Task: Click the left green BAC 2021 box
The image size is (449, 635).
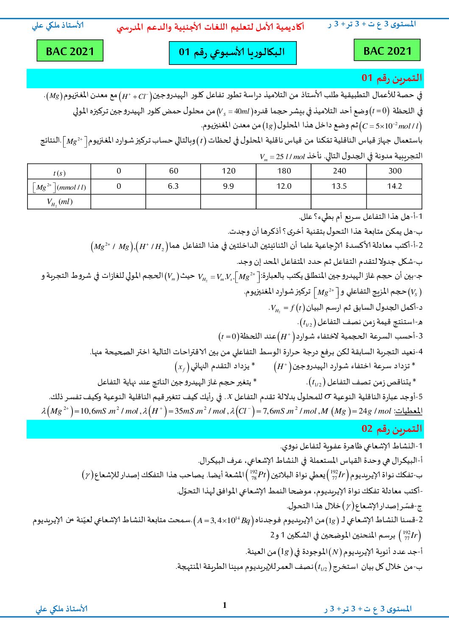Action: (70, 51)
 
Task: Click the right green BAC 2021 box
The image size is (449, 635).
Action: (387, 50)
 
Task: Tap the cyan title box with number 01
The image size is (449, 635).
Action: (232, 53)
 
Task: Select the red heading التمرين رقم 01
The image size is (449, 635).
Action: (391, 78)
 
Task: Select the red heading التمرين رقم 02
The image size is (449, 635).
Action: (391, 429)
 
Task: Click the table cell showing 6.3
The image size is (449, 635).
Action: (173, 186)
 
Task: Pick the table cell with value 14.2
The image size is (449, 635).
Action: (394, 186)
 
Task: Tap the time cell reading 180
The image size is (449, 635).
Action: (284, 171)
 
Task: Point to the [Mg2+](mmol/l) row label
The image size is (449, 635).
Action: (59, 187)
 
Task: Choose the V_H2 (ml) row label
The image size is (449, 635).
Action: (59, 202)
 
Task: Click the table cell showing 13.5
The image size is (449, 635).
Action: (339, 186)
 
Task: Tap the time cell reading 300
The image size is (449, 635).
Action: (394, 171)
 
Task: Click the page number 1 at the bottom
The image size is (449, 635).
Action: (225, 605)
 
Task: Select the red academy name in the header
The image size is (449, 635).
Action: (210, 28)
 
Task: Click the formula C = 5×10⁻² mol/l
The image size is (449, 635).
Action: (390, 126)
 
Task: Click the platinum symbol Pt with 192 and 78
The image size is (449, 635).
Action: (258, 475)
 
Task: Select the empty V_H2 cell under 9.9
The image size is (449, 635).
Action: (229, 201)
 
